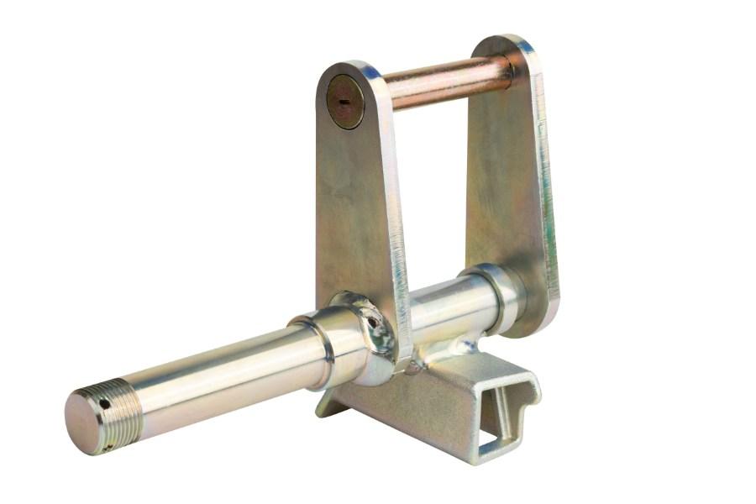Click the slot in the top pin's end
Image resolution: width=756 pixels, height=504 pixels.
344,100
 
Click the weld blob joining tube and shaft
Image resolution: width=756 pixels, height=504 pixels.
458,347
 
